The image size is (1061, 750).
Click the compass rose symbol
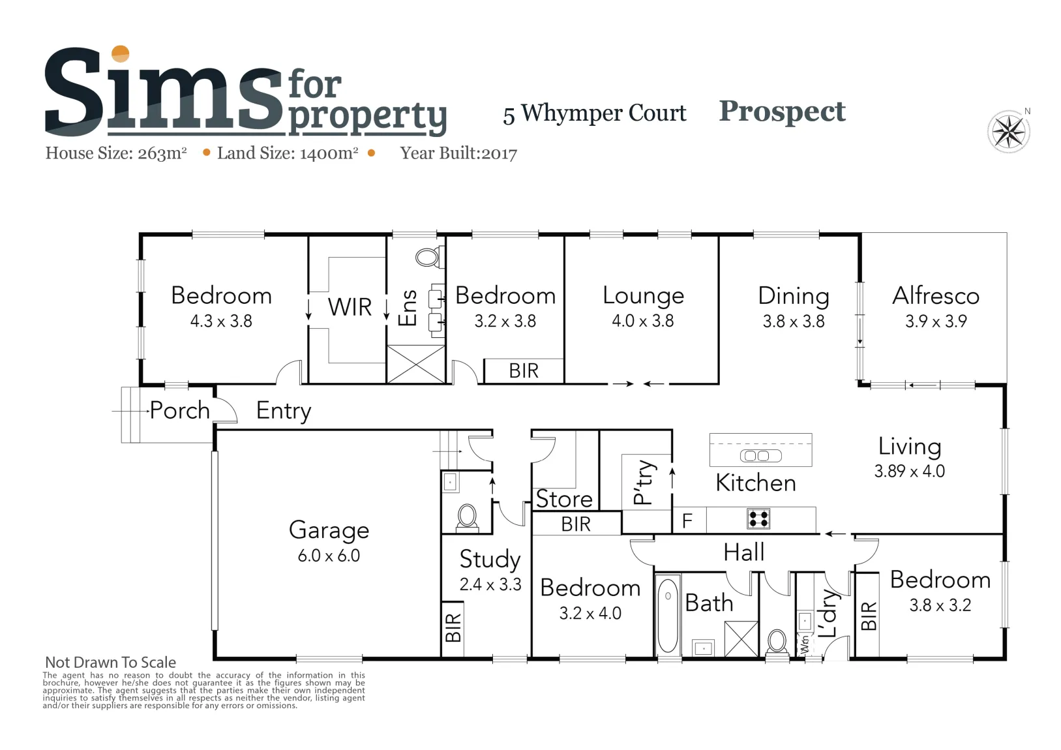coord(1008,131)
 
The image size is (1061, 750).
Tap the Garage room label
coord(329,531)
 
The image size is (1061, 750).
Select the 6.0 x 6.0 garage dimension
coord(329,555)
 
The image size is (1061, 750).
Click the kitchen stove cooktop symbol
coord(758,518)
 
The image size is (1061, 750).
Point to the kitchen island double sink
coord(761,456)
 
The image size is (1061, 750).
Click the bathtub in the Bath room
coord(668,615)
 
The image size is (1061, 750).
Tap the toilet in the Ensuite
coord(429,258)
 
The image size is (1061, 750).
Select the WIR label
coord(350,307)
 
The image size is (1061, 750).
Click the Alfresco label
coord(936,295)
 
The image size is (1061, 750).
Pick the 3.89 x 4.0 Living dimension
coord(910,471)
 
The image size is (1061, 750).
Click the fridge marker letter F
coord(687,520)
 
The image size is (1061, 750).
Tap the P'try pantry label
coord(645,481)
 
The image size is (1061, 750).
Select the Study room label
coord(490,560)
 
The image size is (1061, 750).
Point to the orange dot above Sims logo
coord(121,53)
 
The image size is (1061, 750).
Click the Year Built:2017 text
coord(458,153)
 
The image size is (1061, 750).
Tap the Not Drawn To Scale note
coord(110,662)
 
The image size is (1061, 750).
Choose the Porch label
coord(179,410)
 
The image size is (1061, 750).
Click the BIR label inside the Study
coord(453,627)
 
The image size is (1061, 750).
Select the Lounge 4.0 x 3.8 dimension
coord(643,321)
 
